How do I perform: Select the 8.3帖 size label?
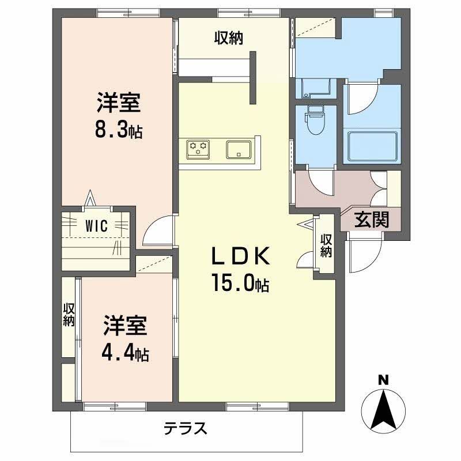(x=119, y=131)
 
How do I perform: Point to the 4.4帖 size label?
(x=126, y=353)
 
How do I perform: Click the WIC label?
(x=97, y=226)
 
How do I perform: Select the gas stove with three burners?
(x=198, y=149)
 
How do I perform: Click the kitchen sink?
(x=237, y=149)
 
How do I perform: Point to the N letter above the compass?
(x=382, y=379)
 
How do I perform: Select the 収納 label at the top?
(x=229, y=38)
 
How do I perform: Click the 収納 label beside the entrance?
(x=326, y=245)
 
